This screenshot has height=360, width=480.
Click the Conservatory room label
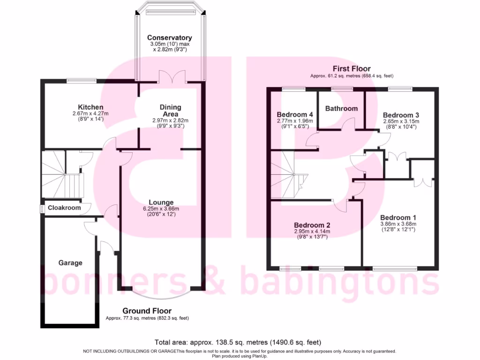169,37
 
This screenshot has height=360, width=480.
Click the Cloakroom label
65,207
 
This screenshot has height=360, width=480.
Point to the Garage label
70,262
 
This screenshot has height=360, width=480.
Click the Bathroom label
341,108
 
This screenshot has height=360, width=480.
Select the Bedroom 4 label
295,114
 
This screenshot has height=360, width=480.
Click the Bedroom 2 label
312,225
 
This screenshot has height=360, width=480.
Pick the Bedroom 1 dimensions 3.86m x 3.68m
398,224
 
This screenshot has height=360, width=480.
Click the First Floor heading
352,68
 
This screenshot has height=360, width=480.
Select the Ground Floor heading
147,311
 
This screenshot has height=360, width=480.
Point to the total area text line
238,342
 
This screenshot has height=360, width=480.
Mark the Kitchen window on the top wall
81,80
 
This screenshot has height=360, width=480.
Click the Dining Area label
169,111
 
